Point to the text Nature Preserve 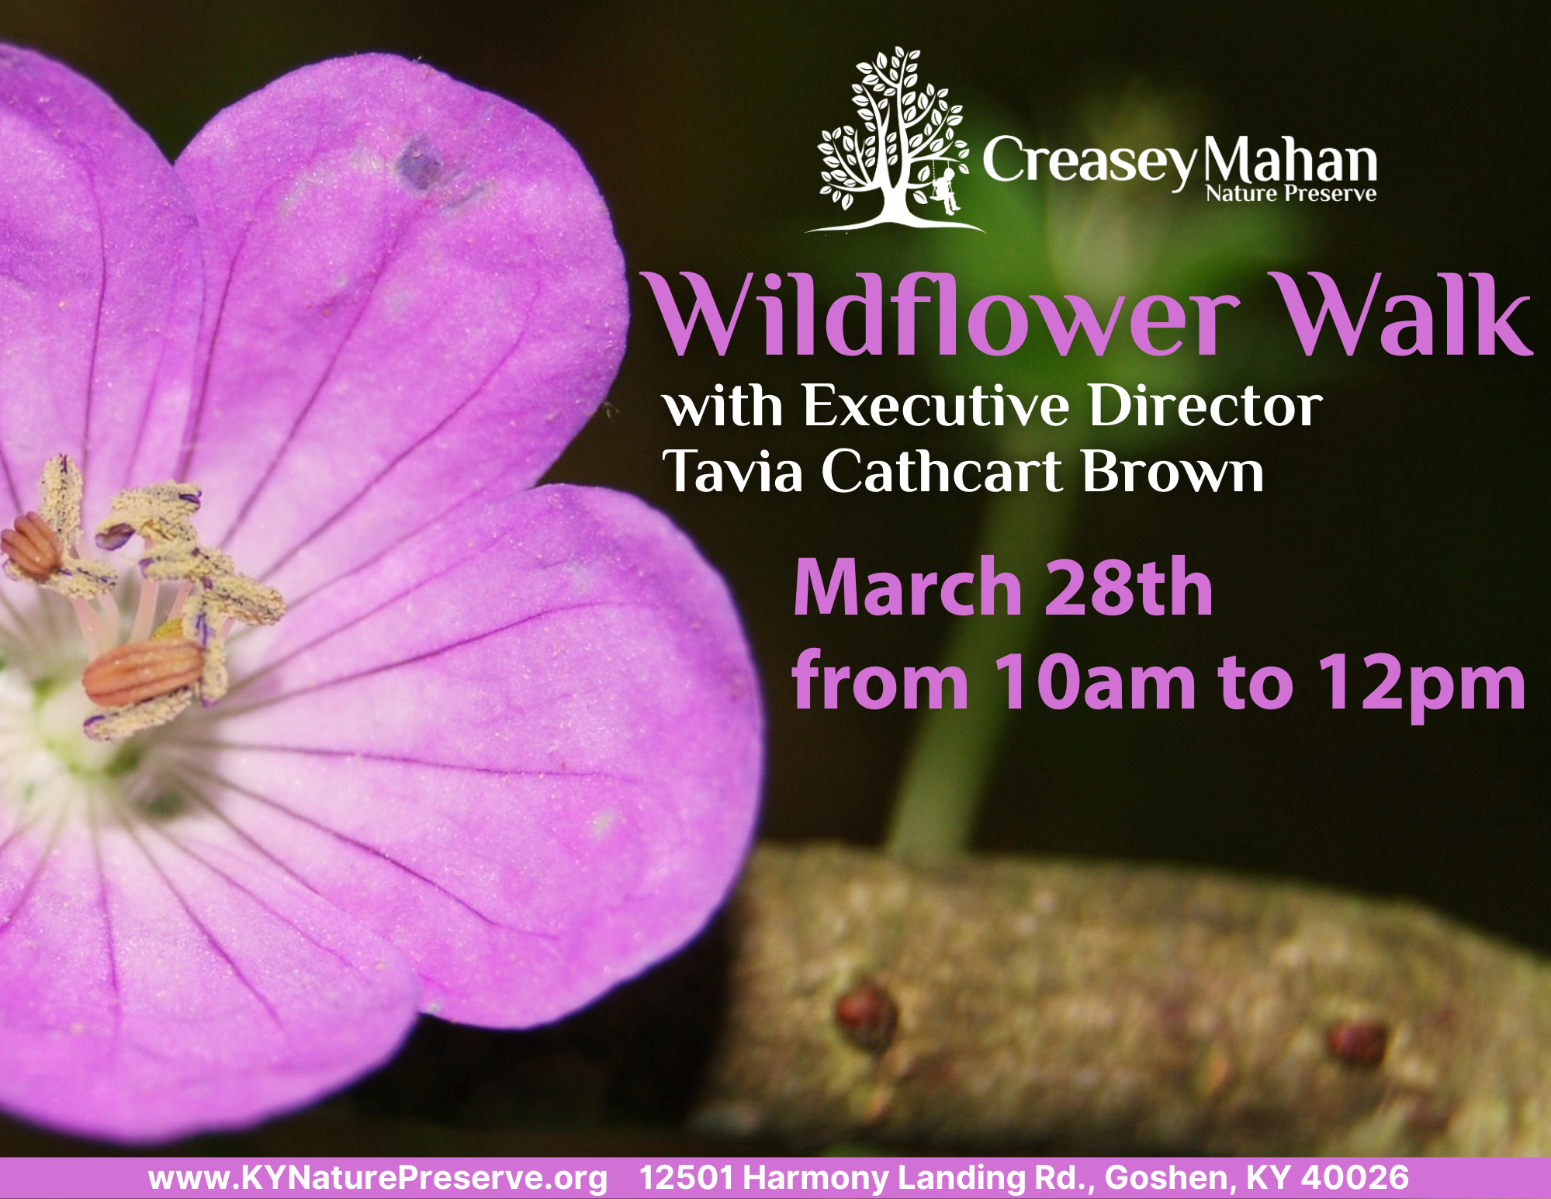(1291, 193)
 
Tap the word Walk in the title (1404, 317)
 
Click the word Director (1206, 405)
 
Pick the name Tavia (732, 471)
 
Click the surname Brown (1172, 471)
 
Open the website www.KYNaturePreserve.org (378, 1178)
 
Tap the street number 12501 (686, 1177)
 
